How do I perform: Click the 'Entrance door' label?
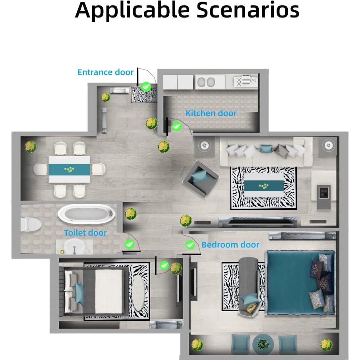point(105,72)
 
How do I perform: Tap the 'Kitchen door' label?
point(211,113)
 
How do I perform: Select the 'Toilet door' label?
point(85,233)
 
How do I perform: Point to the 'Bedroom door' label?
point(230,245)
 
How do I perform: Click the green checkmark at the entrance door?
point(146,87)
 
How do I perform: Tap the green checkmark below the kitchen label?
point(176,126)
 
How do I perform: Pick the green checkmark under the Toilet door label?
point(130,244)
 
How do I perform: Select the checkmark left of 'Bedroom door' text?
point(190,245)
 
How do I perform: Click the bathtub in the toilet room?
point(87,214)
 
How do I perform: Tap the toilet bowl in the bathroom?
point(31,225)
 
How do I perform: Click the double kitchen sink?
point(206,82)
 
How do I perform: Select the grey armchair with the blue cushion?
point(200,179)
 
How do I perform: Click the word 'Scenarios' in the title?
point(248,10)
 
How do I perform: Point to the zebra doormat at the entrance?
point(144,95)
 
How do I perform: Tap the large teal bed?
point(300,283)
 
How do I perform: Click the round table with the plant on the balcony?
point(263,344)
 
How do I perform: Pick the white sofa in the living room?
point(266,152)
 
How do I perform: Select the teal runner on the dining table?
point(69,170)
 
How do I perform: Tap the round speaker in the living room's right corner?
point(329,145)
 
